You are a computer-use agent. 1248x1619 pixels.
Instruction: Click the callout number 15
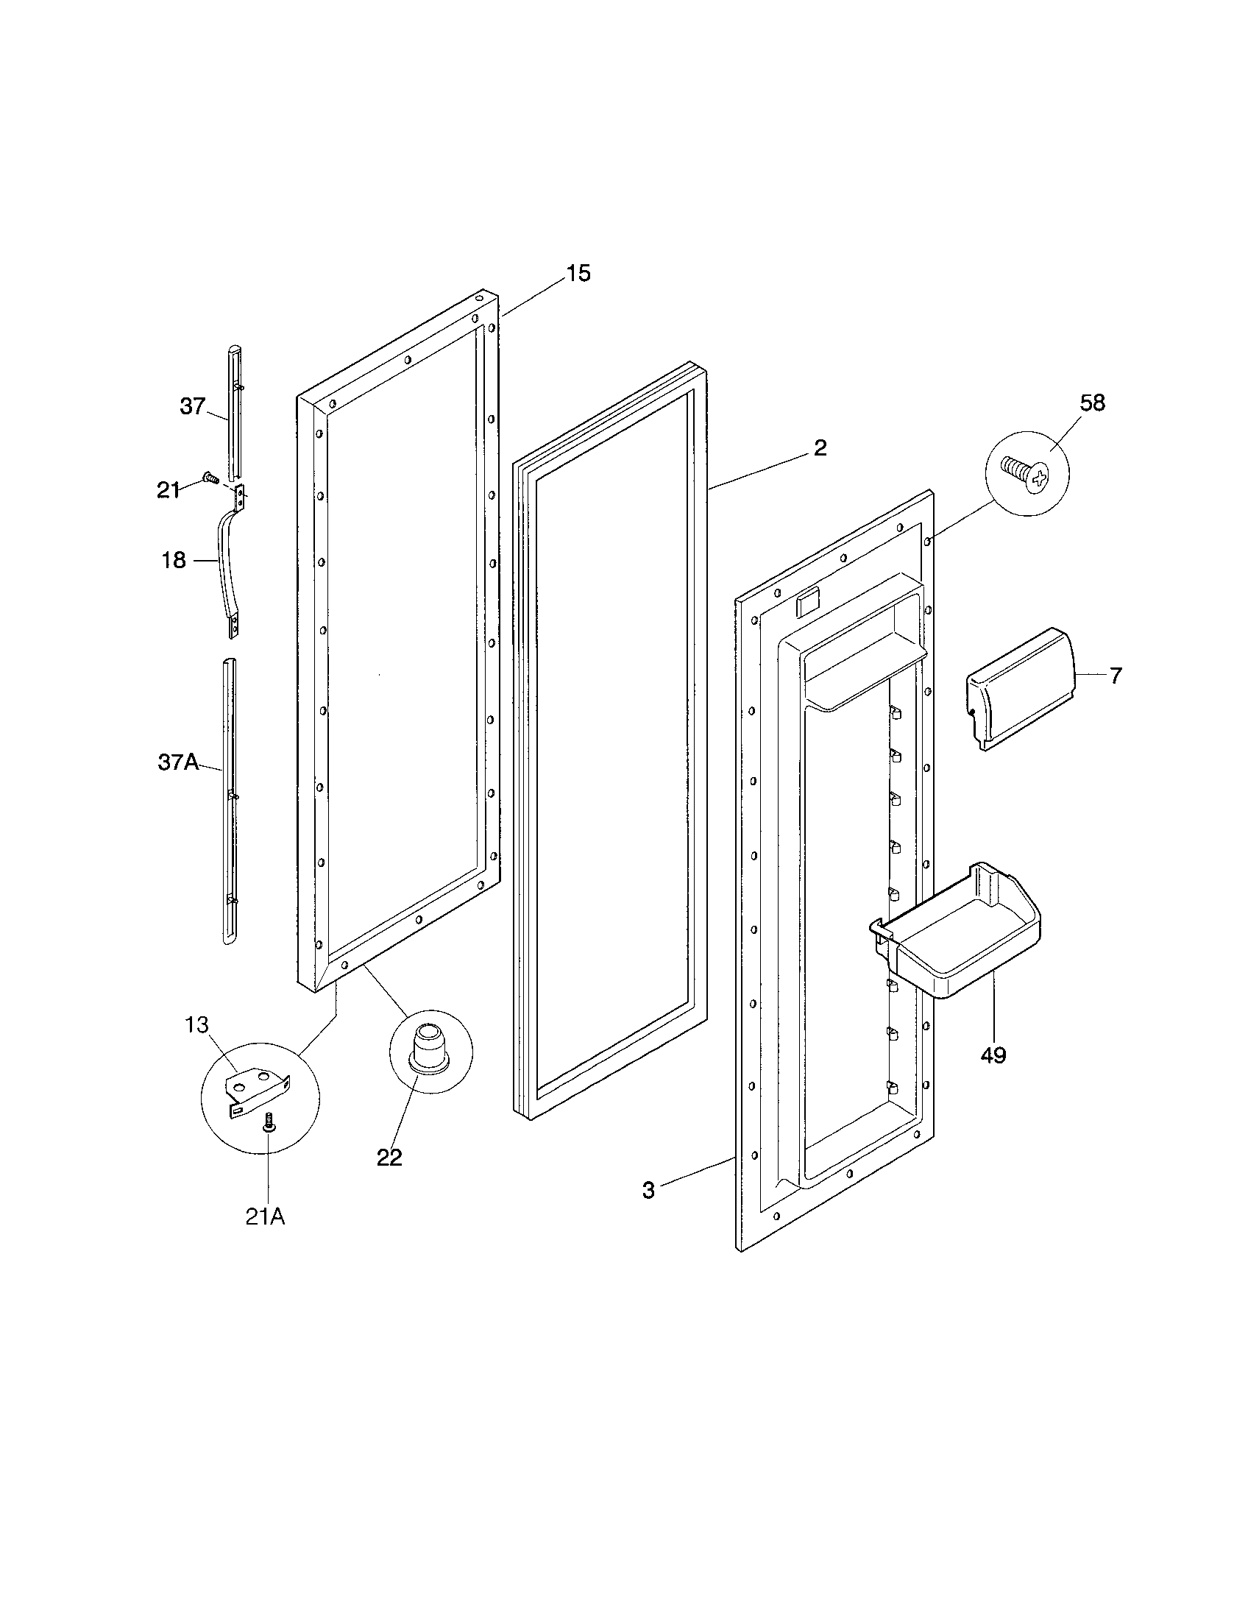click(x=579, y=274)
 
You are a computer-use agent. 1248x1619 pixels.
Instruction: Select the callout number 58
click(x=1093, y=403)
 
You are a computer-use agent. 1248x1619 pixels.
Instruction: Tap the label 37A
click(x=178, y=762)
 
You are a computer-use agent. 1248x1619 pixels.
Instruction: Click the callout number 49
click(x=993, y=1055)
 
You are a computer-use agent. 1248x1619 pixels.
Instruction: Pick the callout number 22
click(x=389, y=1157)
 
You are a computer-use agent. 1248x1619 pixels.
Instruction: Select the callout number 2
click(x=820, y=447)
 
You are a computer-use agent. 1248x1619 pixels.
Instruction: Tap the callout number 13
click(x=197, y=1025)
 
